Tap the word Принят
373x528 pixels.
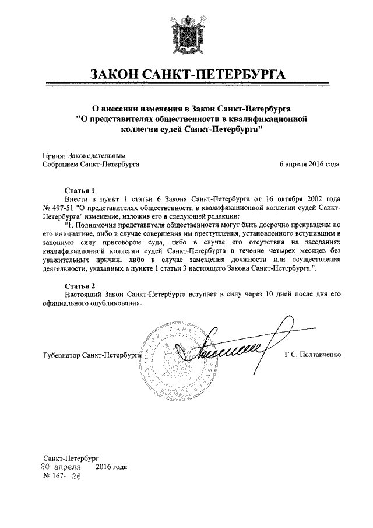(55, 156)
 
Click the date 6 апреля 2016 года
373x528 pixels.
(309, 165)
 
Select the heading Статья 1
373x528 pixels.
(79, 190)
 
